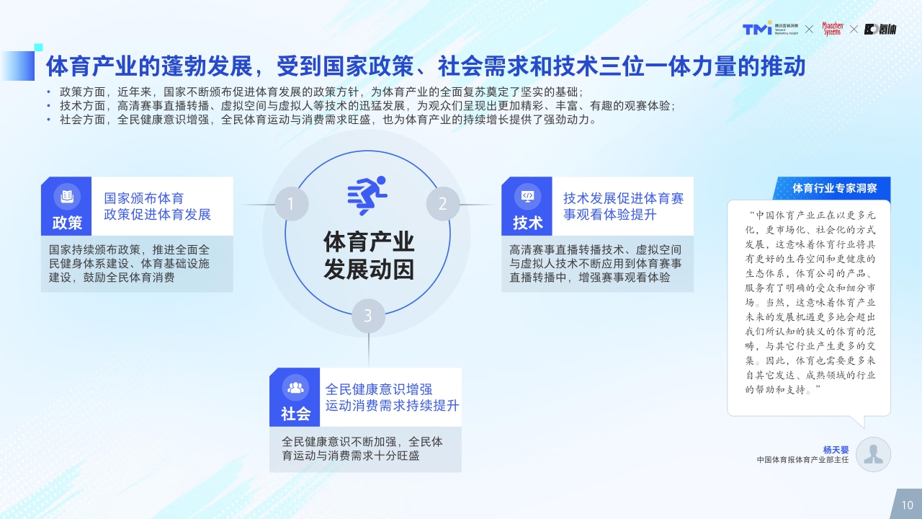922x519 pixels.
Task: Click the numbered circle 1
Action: tap(291, 204)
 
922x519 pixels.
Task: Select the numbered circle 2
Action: tap(443, 204)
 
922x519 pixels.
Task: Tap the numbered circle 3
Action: tap(368, 316)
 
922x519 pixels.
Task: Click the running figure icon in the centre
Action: tap(367, 195)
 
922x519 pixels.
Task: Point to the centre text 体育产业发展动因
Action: tap(369, 255)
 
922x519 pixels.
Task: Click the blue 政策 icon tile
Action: tap(67, 206)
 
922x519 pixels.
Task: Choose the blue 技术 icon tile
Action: tap(527, 206)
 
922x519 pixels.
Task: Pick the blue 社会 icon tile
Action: tap(295, 396)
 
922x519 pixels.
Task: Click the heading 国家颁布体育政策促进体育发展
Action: tap(158, 206)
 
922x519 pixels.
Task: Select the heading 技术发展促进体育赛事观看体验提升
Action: tap(623, 206)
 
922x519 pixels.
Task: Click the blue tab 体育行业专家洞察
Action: tap(834, 188)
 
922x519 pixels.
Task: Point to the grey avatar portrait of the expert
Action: tap(874, 454)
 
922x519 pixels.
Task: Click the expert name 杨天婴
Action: tap(836, 450)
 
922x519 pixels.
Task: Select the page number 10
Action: tap(907, 505)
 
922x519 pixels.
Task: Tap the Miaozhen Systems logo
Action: tap(831, 28)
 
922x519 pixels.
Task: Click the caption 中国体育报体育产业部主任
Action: tap(803, 460)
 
